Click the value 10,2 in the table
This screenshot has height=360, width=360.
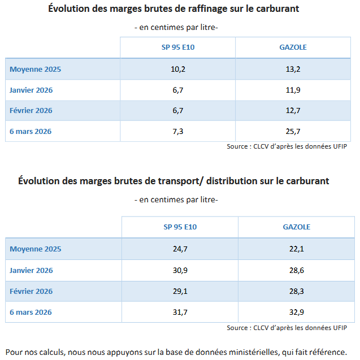coord(177,69)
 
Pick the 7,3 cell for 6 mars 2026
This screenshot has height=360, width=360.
coord(177,131)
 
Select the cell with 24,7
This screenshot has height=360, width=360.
coord(180,249)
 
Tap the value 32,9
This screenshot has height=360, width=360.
coord(297,313)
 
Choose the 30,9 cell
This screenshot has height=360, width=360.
coord(180,271)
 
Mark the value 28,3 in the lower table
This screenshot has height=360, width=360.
coord(297,292)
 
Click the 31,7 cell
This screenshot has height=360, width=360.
coord(180,313)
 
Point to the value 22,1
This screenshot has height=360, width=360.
coord(297,249)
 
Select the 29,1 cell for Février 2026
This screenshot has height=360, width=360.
coord(180,292)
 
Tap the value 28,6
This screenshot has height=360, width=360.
coord(297,271)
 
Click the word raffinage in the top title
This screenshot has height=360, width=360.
coord(212,9)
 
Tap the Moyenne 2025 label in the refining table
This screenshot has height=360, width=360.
coord(35,69)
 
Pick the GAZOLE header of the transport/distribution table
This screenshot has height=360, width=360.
coord(297,227)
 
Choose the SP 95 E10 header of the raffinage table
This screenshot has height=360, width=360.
coord(177,47)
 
